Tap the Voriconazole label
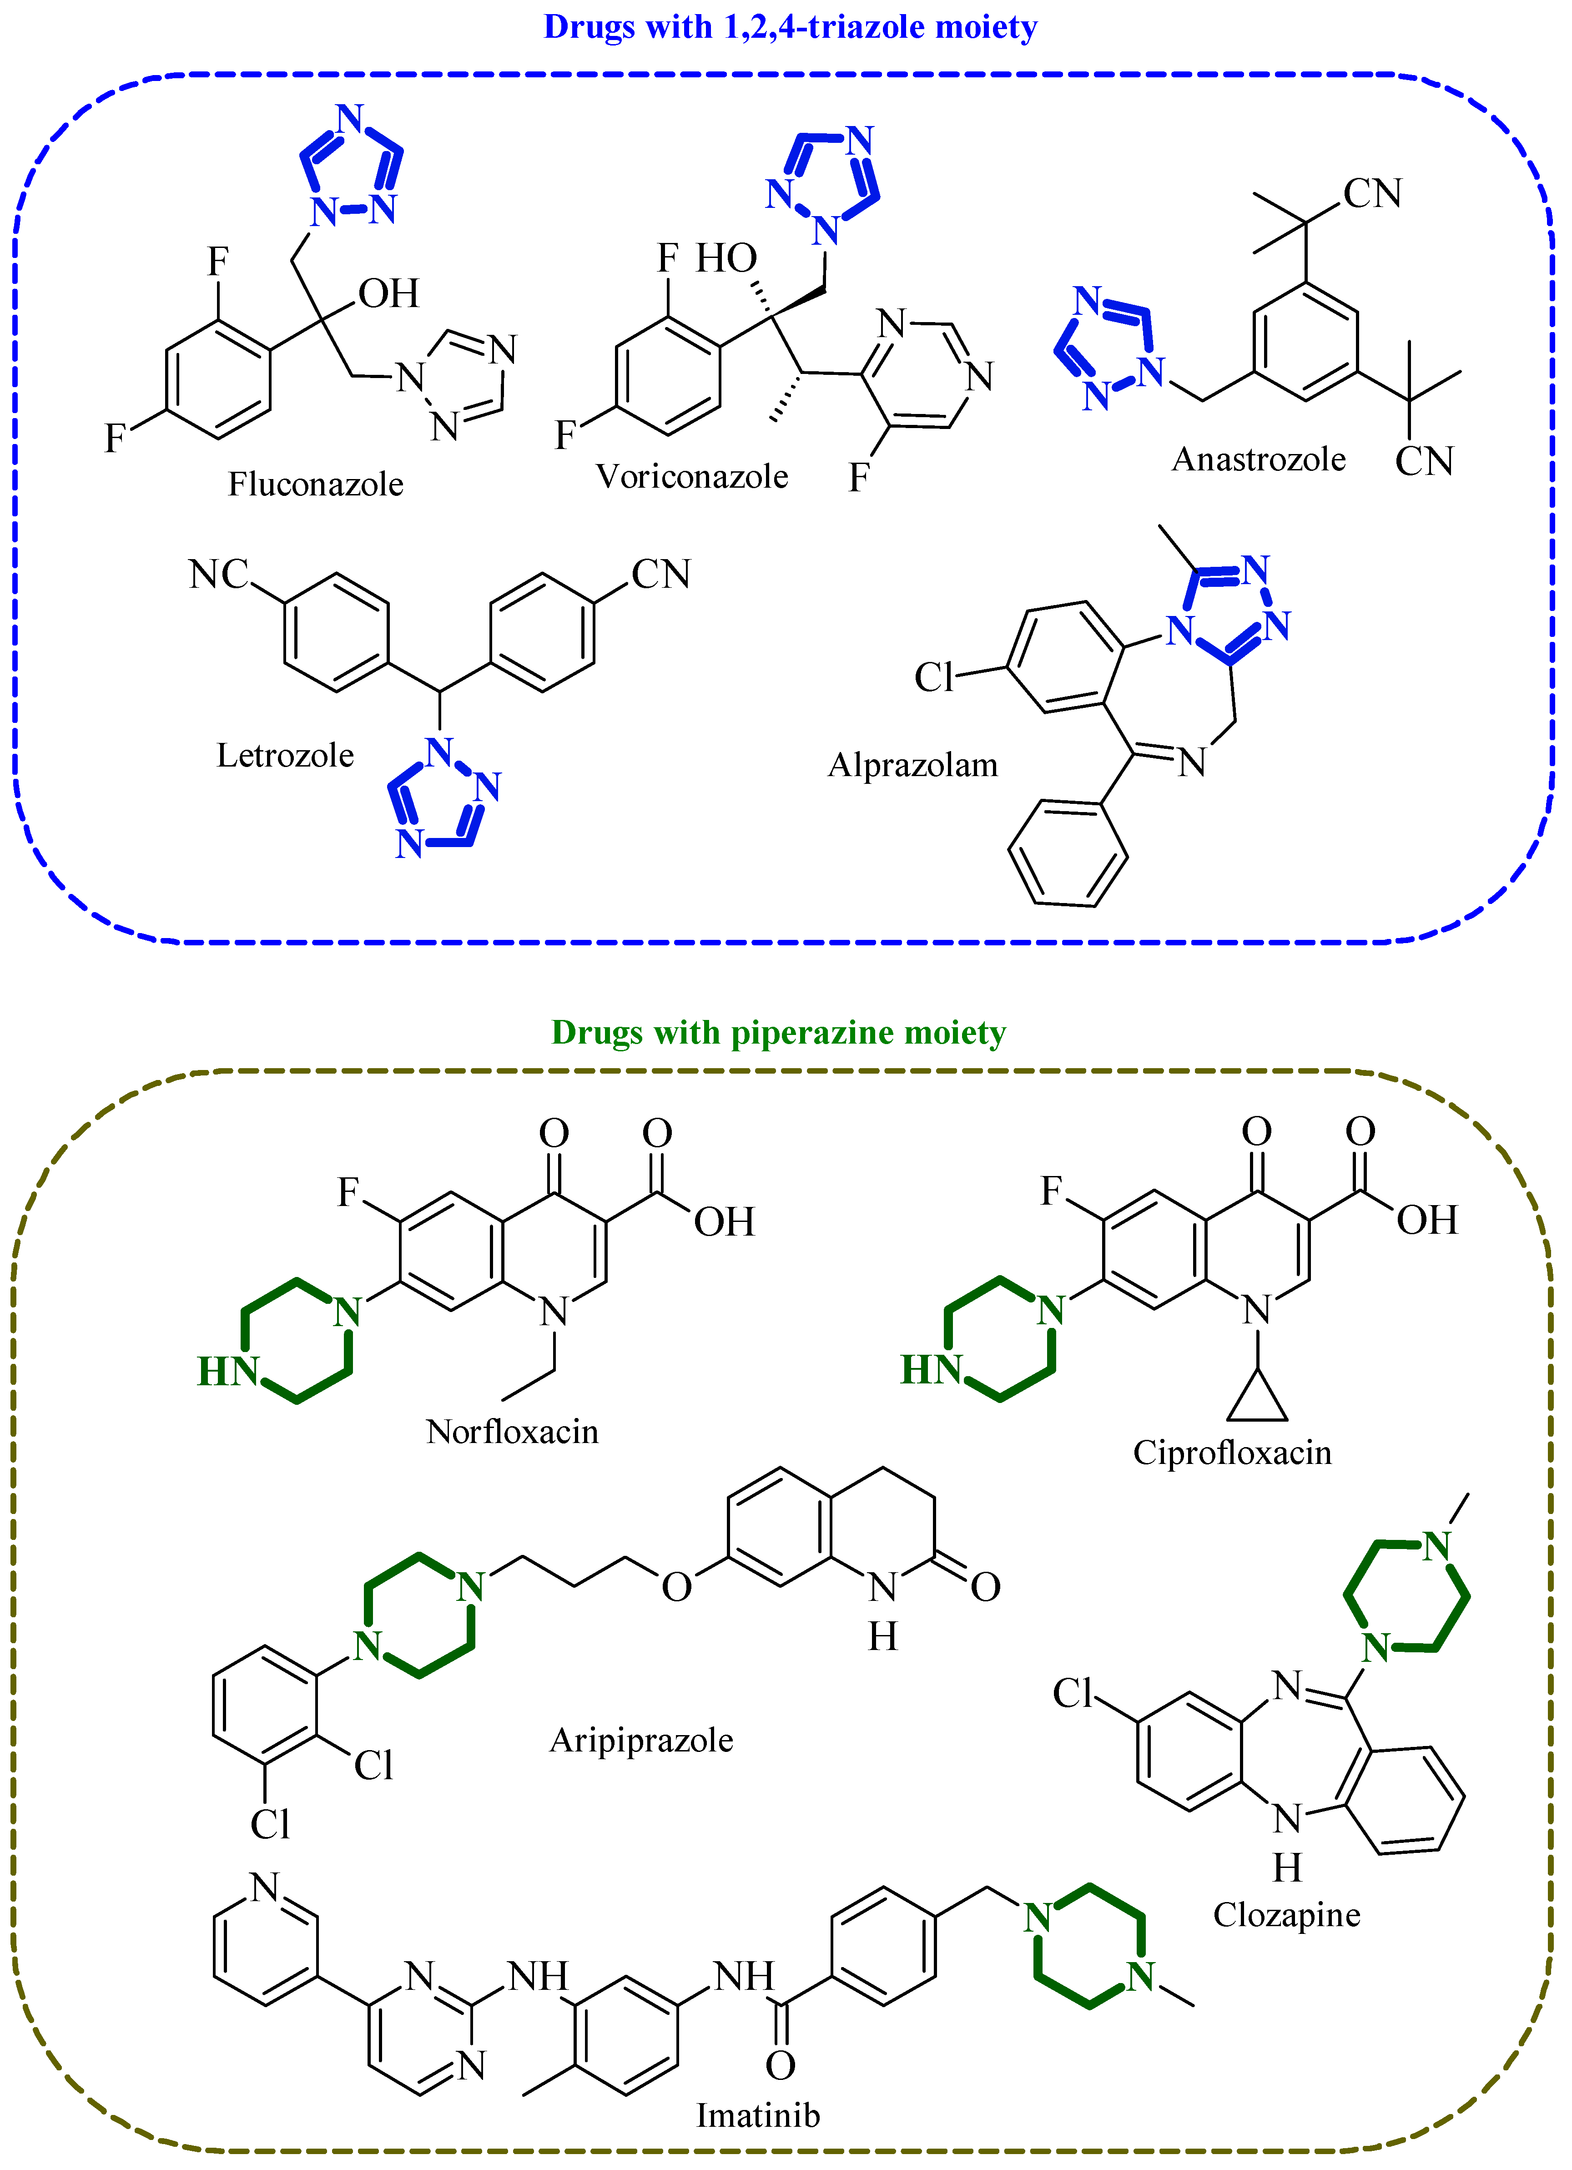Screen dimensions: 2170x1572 [692, 476]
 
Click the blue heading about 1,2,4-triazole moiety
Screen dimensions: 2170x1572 [790, 27]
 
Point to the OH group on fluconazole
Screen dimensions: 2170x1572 [388, 294]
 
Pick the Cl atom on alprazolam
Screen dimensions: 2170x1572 [934, 677]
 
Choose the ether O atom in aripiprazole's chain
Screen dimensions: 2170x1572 [676, 1587]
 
